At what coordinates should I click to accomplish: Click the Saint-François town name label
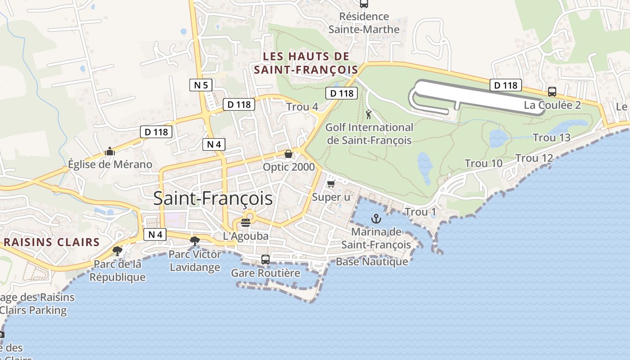(213, 198)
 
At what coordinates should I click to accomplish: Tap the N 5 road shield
(201, 85)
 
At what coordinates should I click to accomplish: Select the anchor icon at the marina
(376, 219)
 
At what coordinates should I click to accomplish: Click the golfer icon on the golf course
(369, 114)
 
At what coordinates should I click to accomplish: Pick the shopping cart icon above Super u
(331, 184)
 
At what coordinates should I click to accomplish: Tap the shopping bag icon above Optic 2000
(288, 154)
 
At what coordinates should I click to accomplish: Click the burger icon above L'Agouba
(246, 222)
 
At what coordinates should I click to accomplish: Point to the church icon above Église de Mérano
(110, 151)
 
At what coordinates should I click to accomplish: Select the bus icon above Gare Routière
(265, 260)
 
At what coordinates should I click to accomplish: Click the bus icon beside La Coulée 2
(552, 92)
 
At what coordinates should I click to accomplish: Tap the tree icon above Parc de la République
(117, 251)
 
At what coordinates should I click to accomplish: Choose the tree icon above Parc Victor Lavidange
(194, 241)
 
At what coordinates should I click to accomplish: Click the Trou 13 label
(551, 137)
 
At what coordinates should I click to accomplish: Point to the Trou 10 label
(483, 163)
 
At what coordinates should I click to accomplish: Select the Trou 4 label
(302, 107)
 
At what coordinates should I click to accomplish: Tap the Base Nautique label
(372, 261)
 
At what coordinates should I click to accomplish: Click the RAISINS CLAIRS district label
(52, 242)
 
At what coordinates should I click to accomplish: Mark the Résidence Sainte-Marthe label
(364, 23)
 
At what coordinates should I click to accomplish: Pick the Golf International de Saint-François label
(369, 134)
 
